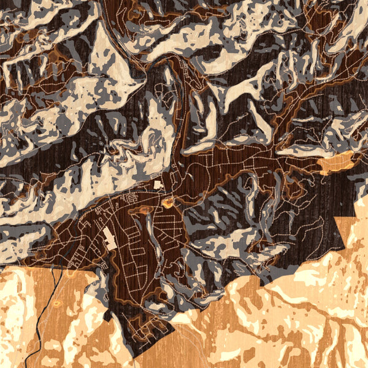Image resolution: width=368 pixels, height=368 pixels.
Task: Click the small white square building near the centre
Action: [157, 184]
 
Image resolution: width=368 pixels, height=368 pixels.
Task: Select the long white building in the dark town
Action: [109, 238]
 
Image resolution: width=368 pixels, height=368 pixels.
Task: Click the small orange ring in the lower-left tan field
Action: [57, 303]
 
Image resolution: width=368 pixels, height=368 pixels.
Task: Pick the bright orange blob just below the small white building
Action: [169, 201]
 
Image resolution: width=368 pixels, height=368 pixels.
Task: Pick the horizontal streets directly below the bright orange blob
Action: [169, 218]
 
